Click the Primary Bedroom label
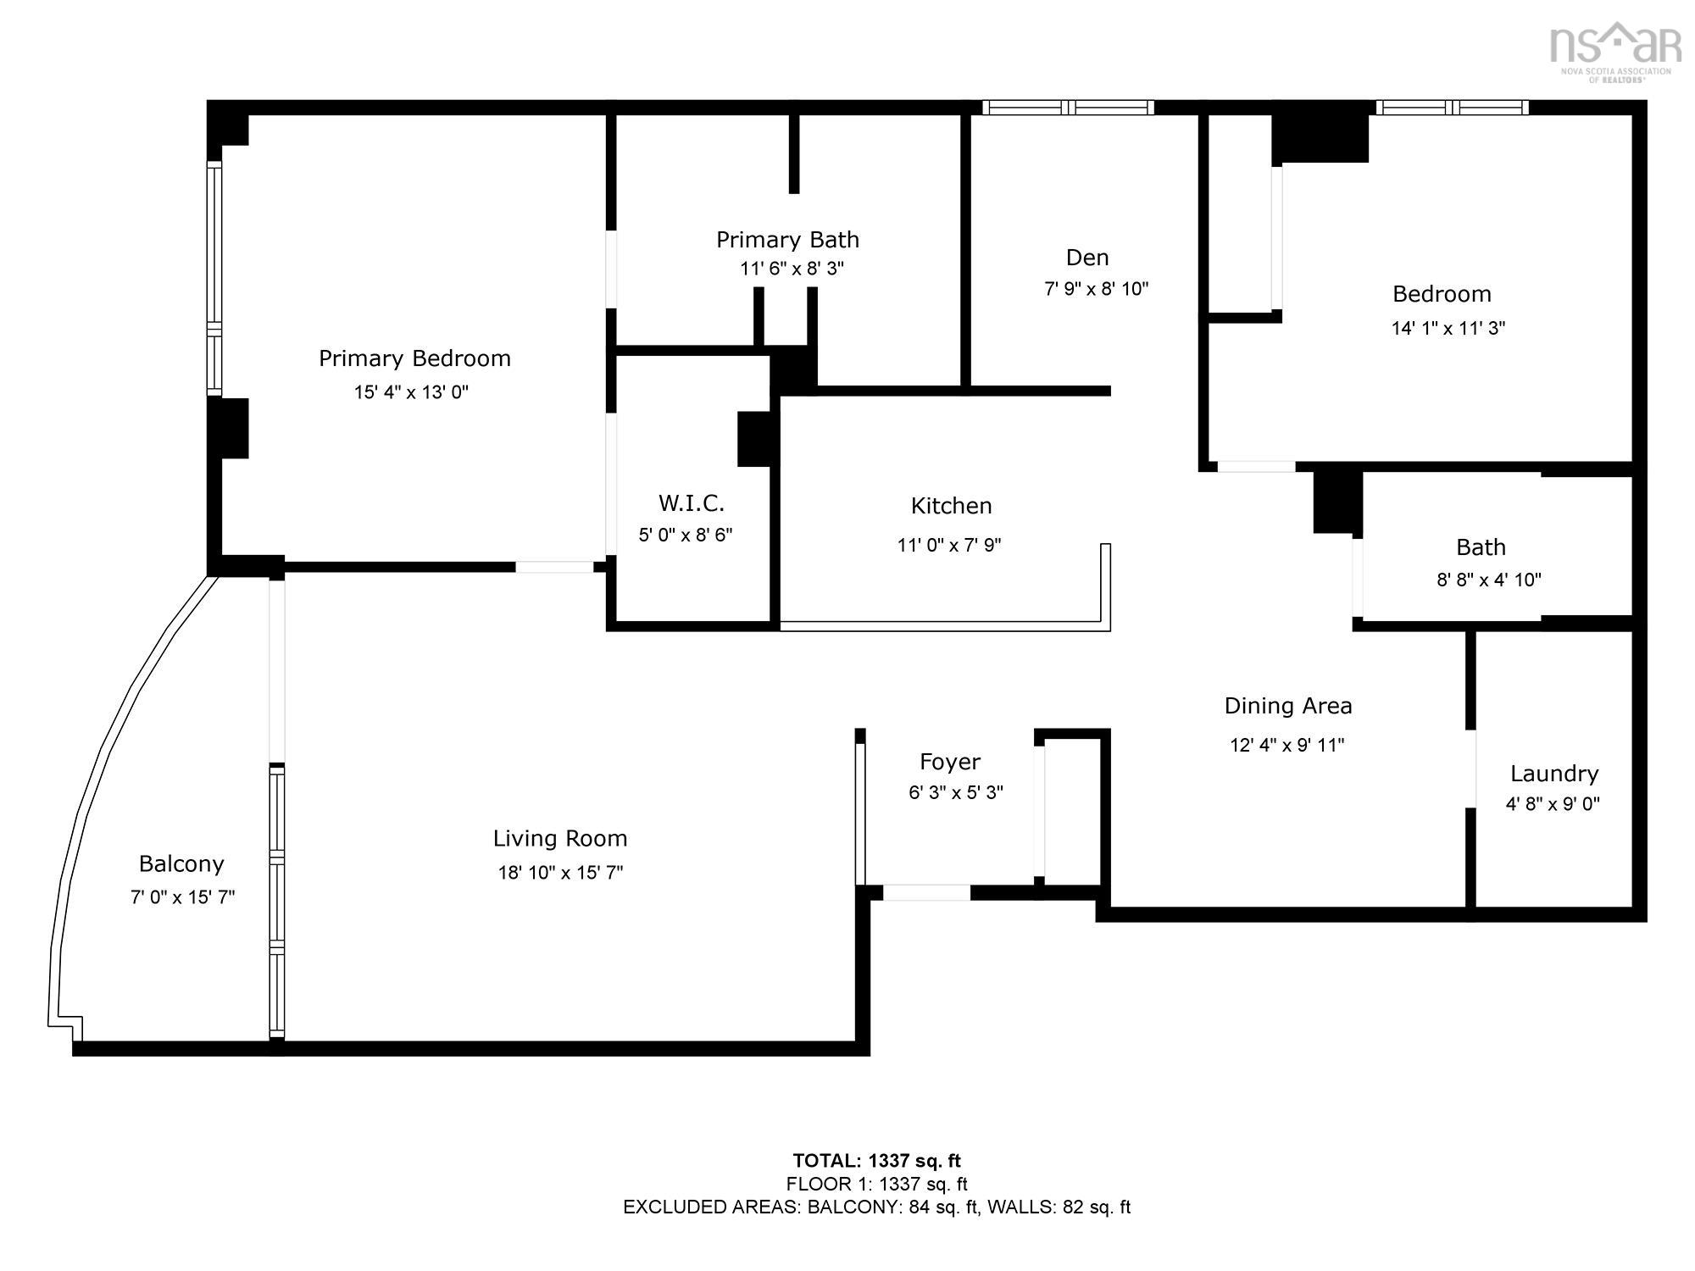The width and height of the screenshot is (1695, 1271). point(414,358)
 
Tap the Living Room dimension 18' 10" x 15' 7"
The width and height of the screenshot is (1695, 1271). point(560,873)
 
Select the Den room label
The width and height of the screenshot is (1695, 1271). point(1087,258)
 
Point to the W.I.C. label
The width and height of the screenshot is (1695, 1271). point(691,503)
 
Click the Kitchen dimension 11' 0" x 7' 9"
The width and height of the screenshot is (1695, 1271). point(949,545)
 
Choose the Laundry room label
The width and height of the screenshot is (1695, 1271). point(1554,774)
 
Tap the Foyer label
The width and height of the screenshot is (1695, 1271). point(950,762)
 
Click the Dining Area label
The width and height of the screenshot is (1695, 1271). point(1288,706)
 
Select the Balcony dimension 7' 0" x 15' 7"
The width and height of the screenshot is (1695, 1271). point(182,897)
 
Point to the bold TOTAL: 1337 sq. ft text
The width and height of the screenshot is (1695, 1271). point(876,1161)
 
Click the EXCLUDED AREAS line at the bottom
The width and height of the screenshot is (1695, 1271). point(876,1207)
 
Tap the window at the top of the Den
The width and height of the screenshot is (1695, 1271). point(1068,108)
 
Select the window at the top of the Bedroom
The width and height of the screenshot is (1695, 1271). point(1453,108)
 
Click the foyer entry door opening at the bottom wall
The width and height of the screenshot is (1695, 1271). point(926,892)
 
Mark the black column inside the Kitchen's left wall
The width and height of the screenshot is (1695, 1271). point(754,439)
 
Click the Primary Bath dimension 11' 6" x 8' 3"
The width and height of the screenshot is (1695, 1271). point(792,269)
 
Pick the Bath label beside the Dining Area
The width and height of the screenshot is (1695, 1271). point(1481,547)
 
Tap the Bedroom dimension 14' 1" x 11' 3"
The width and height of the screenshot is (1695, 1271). point(1448,329)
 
